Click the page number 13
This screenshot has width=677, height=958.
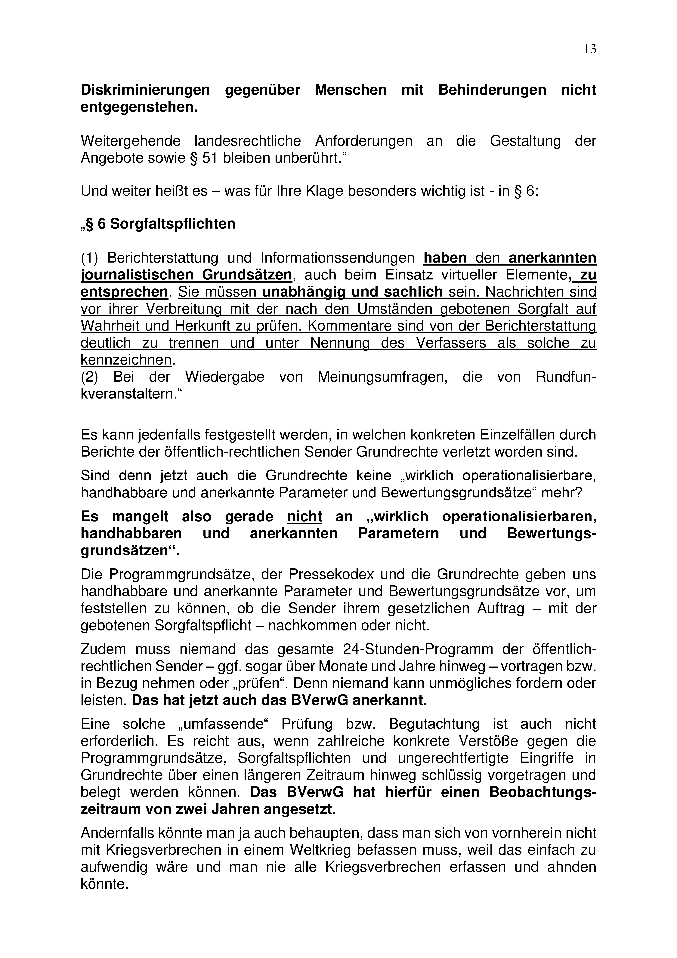[x=590, y=49]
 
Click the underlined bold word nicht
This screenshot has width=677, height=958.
[x=304, y=517]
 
